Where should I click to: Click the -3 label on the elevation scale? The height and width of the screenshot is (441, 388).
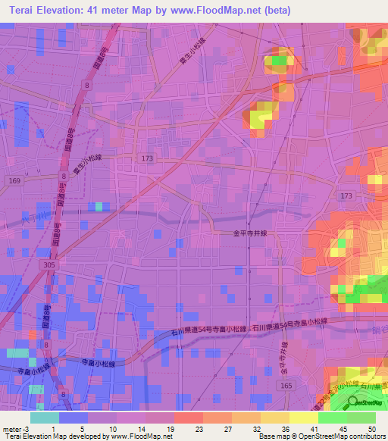click(26, 428)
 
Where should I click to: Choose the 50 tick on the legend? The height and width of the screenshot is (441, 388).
click(372, 428)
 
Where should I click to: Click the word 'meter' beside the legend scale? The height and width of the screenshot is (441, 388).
click(11, 428)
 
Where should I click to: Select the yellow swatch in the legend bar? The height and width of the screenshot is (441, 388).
click(303, 417)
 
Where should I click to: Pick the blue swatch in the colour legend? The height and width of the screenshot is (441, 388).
click(73, 417)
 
